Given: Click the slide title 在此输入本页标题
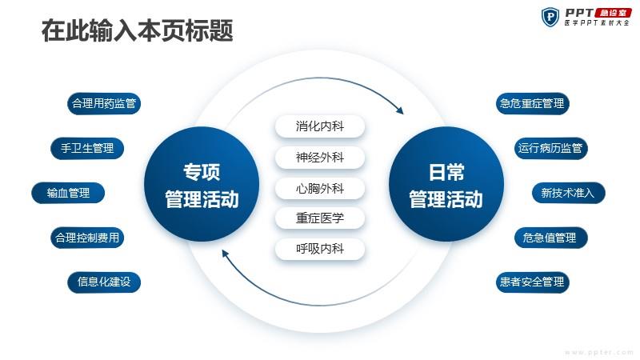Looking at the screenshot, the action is (x=137, y=30).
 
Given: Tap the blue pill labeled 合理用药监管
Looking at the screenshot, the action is (x=104, y=104).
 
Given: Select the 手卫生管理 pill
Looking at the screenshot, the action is (x=87, y=148).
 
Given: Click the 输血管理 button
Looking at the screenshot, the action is (x=68, y=193).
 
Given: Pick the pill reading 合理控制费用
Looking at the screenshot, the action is (x=87, y=238).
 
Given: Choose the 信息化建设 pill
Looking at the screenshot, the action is (x=104, y=282).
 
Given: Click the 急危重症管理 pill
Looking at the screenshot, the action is (x=532, y=104).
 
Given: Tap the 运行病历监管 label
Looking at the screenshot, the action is (x=550, y=148).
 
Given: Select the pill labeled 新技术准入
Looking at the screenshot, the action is (x=569, y=193).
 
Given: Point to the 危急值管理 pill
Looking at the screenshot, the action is (x=550, y=238).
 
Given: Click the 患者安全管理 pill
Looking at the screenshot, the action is (x=532, y=282).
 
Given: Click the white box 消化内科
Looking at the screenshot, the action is (x=320, y=126).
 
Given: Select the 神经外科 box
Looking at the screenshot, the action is (x=320, y=158).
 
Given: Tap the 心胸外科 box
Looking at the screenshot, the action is (x=320, y=189).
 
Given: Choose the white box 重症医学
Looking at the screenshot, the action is (x=320, y=218).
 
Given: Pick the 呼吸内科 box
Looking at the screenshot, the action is (x=320, y=249).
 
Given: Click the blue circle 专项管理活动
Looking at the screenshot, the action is (x=202, y=184).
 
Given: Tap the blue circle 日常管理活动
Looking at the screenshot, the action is (x=446, y=184).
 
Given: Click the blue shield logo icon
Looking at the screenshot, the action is (x=550, y=17).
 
